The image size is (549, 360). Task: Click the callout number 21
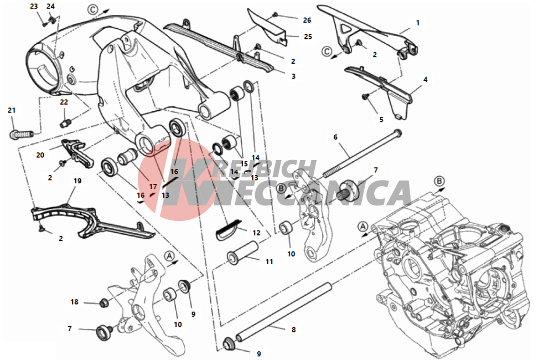coord(12,110)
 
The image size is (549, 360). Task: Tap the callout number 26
coord(307,20)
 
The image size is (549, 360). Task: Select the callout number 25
coord(308,37)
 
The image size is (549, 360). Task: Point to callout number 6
coord(335,136)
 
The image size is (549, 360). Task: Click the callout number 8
coord(293,330)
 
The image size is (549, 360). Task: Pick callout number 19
coord(77,181)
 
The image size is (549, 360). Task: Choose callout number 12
coord(256,233)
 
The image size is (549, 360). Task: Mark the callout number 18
coord(74,302)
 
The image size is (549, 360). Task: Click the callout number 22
coord(64,102)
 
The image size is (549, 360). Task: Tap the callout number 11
coord(269,261)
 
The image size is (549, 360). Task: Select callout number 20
coord(40,155)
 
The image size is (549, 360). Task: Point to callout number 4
coord(425,79)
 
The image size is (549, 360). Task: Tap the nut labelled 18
coord(102,302)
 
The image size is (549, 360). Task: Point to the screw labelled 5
coord(365,96)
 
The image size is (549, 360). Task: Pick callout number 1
coord(418,23)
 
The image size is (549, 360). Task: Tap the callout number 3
coord(293,75)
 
